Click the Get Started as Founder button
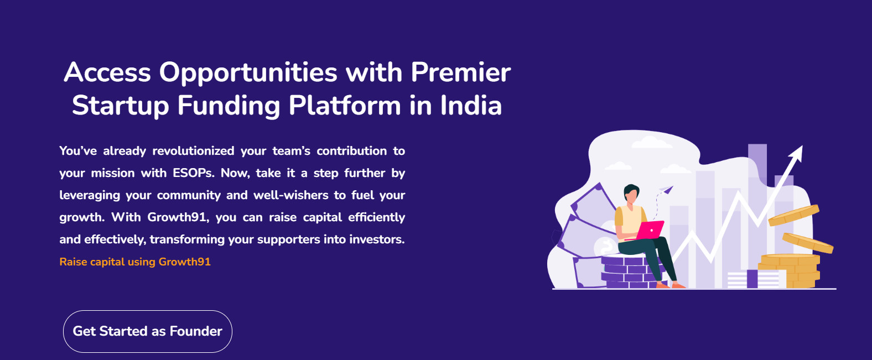(x=148, y=331)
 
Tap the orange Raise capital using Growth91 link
(x=135, y=262)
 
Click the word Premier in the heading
(x=460, y=72)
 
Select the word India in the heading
(x=471, y=105)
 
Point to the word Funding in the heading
(x=229, y=106)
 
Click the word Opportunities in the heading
(x=248, y=73)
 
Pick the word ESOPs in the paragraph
(x=194, y=173)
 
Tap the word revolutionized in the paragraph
(x=194, y=150)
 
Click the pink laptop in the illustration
(x=650, y=230)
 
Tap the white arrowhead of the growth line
(x=797, y=152)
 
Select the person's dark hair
(x=631, y=191)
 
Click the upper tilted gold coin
(x=793, y=215)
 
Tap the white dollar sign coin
(x=605, y=246)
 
